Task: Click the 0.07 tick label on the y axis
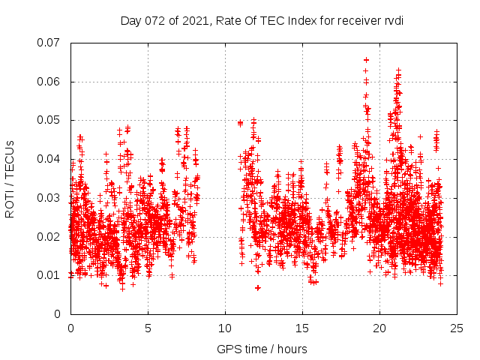pos(49,43)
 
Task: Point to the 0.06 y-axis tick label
pos(49,82)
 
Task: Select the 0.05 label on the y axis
pos(49,120)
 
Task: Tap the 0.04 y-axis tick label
pos(49,159)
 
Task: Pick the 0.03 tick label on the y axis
pos(49,198)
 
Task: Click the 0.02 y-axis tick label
pos(49,237)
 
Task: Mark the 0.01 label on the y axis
pos(49,275)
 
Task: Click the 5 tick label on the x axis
pos(148,328)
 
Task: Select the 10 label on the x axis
pos(225,328)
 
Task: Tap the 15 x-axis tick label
pos(302,328)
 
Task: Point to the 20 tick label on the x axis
pos(379,328)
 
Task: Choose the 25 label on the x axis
pos(457,328)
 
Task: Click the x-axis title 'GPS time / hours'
pos(262,349)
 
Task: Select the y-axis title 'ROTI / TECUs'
pos(10,178)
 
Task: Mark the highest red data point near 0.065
pos(366,59)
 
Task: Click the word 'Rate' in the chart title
pos(228,20)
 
